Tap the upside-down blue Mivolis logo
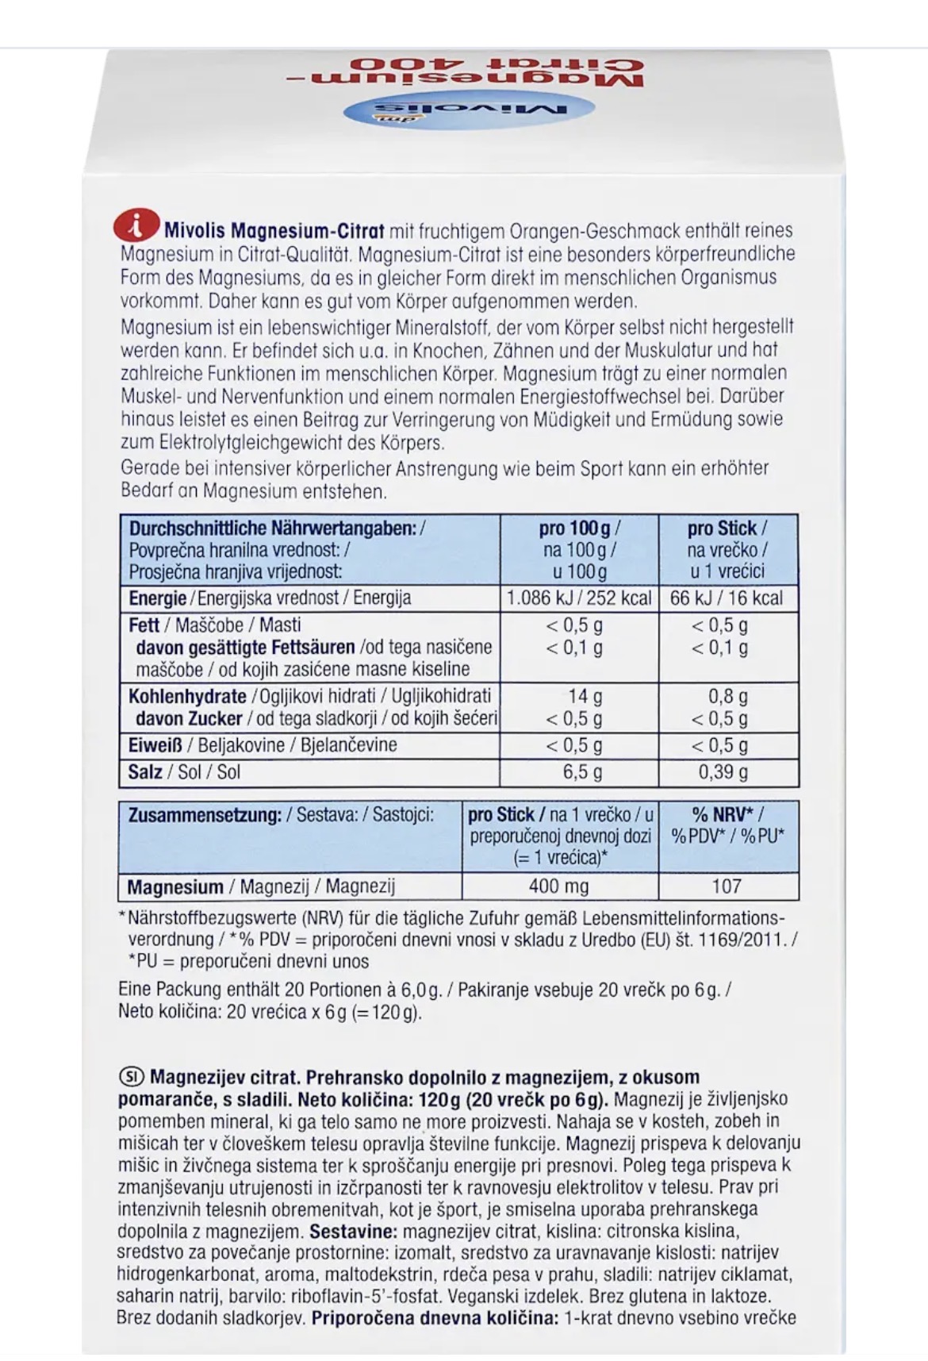470,110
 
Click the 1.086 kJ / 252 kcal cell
579,598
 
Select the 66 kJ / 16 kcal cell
727,598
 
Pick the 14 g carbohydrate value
585,696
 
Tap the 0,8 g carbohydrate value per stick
727,696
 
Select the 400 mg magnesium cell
558,886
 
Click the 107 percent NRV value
727,886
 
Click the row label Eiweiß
155,745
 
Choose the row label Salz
145,772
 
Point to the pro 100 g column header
579,529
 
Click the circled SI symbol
130,1077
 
